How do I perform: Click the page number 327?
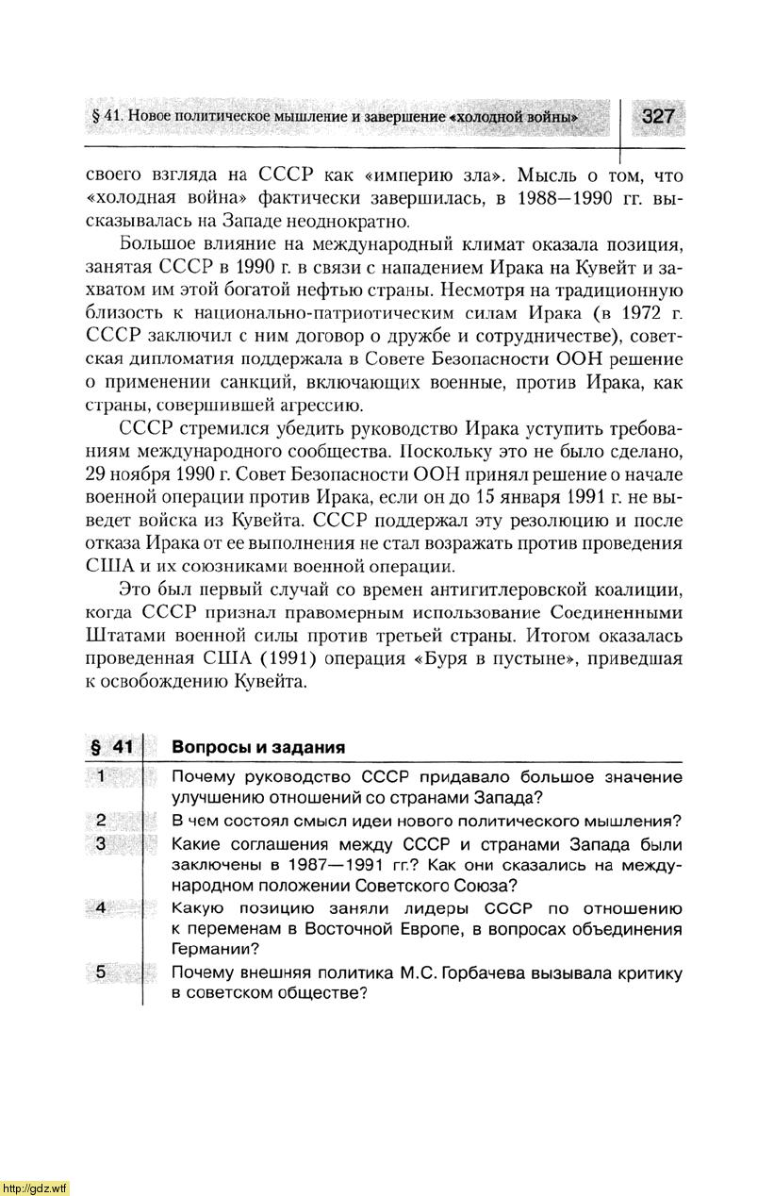pyautogui.click(x=657, y=116)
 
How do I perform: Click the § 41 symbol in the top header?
pyautogui.click(x=107, y=117)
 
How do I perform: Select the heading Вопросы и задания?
pyautogui.click(x=258, y=747)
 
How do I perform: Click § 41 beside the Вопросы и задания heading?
pyautogui.click(x=111, y=747)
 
